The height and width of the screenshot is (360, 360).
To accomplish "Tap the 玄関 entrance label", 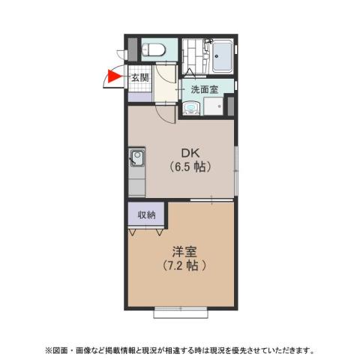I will pyautogui.click(x=140, y=76).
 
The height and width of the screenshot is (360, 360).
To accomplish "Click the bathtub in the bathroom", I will pyautogui.click(x=223, y=56).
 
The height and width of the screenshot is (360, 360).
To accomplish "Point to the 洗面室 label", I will pyautogui.click(x=204, y=89).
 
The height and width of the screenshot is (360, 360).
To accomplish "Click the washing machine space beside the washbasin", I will pyautogui.click(x=212, y=106).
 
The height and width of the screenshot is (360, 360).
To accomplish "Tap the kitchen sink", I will pyautogui.click(x=136, y=158).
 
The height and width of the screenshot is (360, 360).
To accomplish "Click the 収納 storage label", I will pyautogui.click(x=146, y=215).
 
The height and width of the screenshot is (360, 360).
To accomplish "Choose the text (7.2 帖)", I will pyautogui.click(x=182, y=265).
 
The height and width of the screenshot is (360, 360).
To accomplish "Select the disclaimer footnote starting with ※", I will pyautogui.click(x=180, y=349).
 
